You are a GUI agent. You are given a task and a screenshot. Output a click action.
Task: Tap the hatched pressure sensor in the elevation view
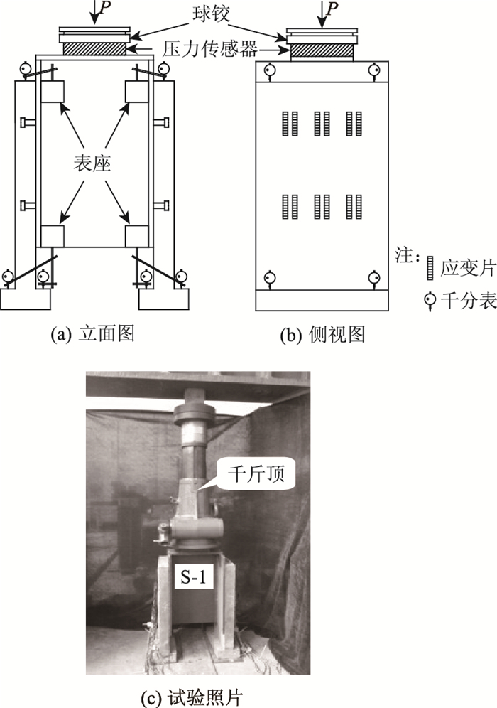(95, 48)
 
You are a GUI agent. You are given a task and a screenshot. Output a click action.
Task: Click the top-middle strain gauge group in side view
(322, 124)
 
